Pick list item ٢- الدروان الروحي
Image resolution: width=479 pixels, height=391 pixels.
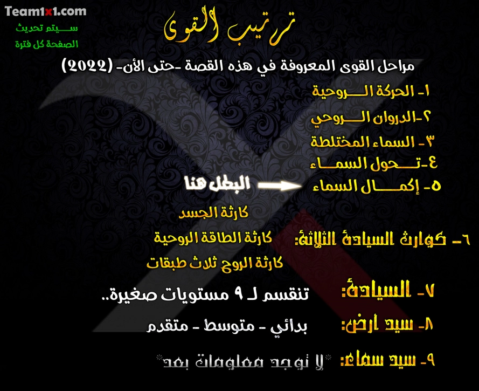372,116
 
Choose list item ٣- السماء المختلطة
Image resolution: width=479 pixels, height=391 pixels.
373,141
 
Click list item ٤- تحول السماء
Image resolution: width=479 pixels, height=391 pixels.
373,163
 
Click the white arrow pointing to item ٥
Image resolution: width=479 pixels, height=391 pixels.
279,186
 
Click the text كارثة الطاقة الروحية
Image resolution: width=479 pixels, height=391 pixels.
213,238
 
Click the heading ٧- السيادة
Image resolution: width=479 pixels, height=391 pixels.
388,292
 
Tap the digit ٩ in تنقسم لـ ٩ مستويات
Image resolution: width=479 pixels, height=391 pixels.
240,294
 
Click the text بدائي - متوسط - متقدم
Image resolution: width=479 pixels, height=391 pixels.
227,327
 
